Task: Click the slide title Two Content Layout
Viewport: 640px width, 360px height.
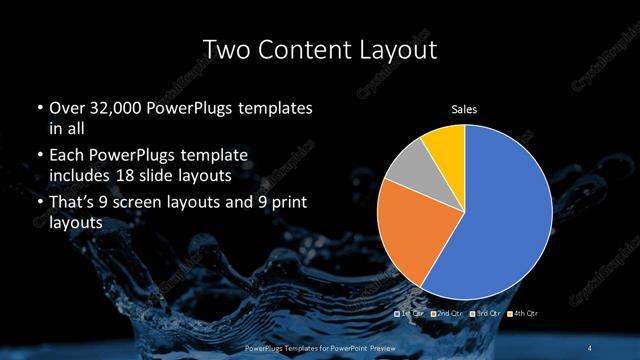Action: (320, 48)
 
